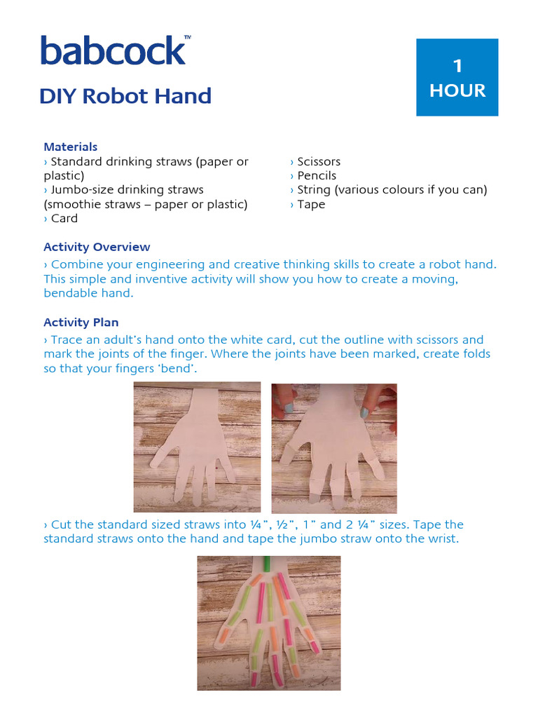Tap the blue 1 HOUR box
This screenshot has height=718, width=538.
click(x=457, y=77)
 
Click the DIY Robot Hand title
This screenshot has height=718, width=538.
click(x=125, y=96)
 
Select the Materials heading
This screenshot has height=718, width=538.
click(x=70, y=147)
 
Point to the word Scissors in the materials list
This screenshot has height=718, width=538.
click(x=319, y=161)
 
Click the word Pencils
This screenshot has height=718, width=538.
click(x=317, y=175)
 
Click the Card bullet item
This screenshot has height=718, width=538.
click(x=64, y=218)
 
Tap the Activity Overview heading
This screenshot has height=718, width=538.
click(x=97, y=247)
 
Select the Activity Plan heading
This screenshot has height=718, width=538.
click(x=81, y=323)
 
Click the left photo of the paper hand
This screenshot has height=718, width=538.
click(x=197, y=447)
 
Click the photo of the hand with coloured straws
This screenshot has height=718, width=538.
click(x=268, y=623)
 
